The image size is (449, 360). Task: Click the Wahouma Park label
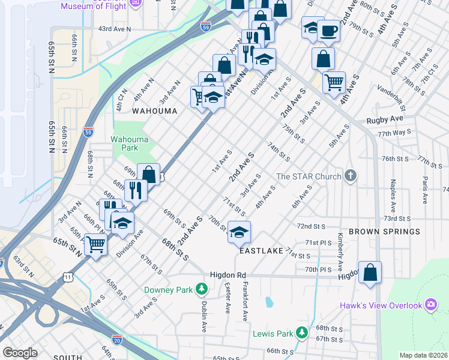[125, 143]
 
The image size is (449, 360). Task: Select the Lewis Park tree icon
[303, 332]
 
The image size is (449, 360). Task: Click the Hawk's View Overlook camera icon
[430, 305]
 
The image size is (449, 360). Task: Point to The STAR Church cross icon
[351, 176]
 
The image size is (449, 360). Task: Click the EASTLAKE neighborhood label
[261, 253]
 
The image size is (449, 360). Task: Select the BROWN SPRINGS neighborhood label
[384, 232]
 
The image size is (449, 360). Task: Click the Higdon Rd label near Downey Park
[228, 275]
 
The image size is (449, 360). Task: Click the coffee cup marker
[328, 30]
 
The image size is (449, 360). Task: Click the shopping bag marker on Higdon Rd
[370, 272]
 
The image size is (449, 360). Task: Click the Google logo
[20, 353]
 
